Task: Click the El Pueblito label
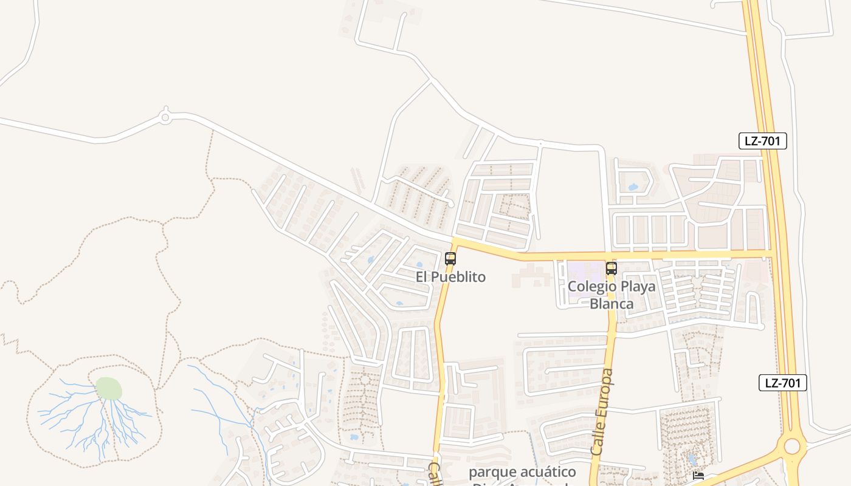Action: tap(450, 277)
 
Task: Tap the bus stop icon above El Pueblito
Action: tap(450, 259)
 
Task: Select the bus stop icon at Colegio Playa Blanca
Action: tap(612, 269)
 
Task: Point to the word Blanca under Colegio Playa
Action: tap(612, 304)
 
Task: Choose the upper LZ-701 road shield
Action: tap(763, 141)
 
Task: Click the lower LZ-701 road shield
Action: tap(783, 383)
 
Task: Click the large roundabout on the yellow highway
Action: tap(792, 447)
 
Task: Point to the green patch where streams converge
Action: tap(109, 389)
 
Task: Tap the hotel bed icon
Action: tap(698, 476)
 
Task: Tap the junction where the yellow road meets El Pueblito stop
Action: tap(456, 242)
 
